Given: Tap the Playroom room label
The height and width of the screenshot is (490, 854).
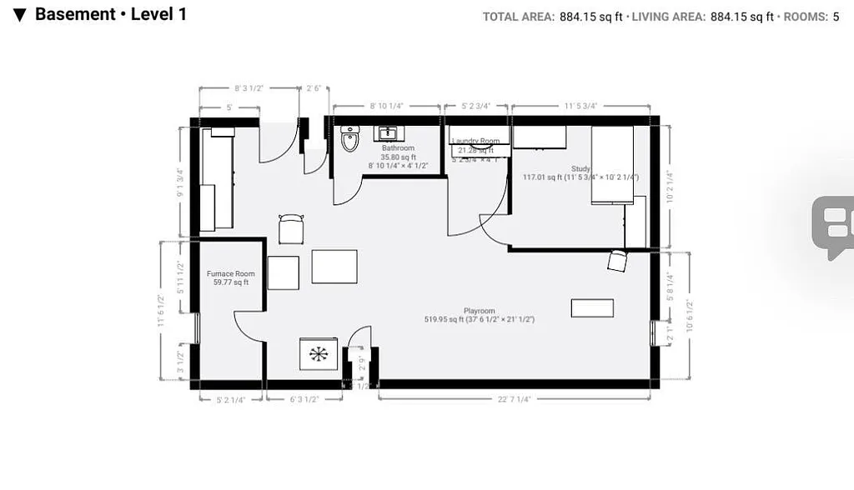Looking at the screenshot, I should pyautogui.click(x=480, y=311).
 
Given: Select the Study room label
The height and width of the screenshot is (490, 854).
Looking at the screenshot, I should pyautogui.click(x=580, y=168).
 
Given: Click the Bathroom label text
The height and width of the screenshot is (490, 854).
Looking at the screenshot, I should pyautogui.click(x=398, y=148).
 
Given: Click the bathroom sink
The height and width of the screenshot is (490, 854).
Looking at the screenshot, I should pyautogui.click(x=387, y=132).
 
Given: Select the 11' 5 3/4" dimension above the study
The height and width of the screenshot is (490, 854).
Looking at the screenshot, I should pyautogui.click(x=580, y=107).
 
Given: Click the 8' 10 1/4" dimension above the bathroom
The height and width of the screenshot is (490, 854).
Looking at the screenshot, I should pyautogui.click(x=386, y=107).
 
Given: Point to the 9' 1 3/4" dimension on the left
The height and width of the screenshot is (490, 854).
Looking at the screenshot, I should pyautogui.click(x=178, y=183).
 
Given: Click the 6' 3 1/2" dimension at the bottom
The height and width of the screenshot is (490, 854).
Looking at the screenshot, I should pyautogui.click(x=304, y=399).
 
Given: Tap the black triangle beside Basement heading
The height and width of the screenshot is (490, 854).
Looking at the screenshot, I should pyautogui.click(x=20, y=15).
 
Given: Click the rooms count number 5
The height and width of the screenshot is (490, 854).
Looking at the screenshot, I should pyautogui.click(x=836, y=16).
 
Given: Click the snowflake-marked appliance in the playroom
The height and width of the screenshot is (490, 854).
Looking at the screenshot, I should pyautogui.click(x=319, y=353).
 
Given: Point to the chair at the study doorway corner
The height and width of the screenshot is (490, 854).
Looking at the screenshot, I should pyautogui.click(x=616, y=261).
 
